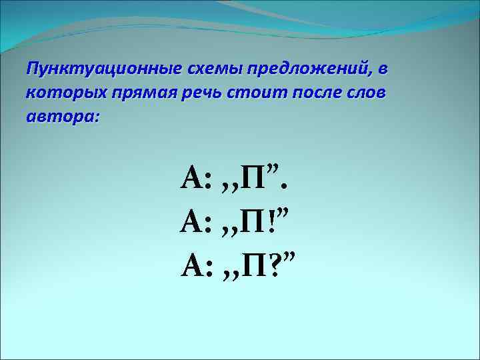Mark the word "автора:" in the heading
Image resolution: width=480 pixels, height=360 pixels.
[62, 117]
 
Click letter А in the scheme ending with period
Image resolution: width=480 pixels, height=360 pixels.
[192, 179]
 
